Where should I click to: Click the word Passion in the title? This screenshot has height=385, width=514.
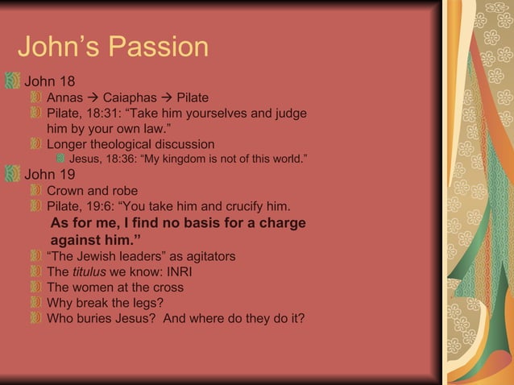click(x=160, y=48)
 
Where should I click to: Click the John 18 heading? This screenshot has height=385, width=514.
click(x=50, y=81)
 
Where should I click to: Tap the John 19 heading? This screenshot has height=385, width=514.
click(x=50, y=175)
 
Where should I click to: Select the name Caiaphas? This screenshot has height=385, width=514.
click(x=130, y=98)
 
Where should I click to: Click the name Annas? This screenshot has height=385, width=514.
click(x=65, y=98)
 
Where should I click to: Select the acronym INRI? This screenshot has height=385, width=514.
click(x=168, y=271)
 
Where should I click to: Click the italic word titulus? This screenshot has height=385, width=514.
click(x=89, y=271)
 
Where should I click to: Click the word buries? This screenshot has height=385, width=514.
click(x=97, y=317)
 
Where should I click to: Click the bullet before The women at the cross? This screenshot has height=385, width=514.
click(x=36, y=287)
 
